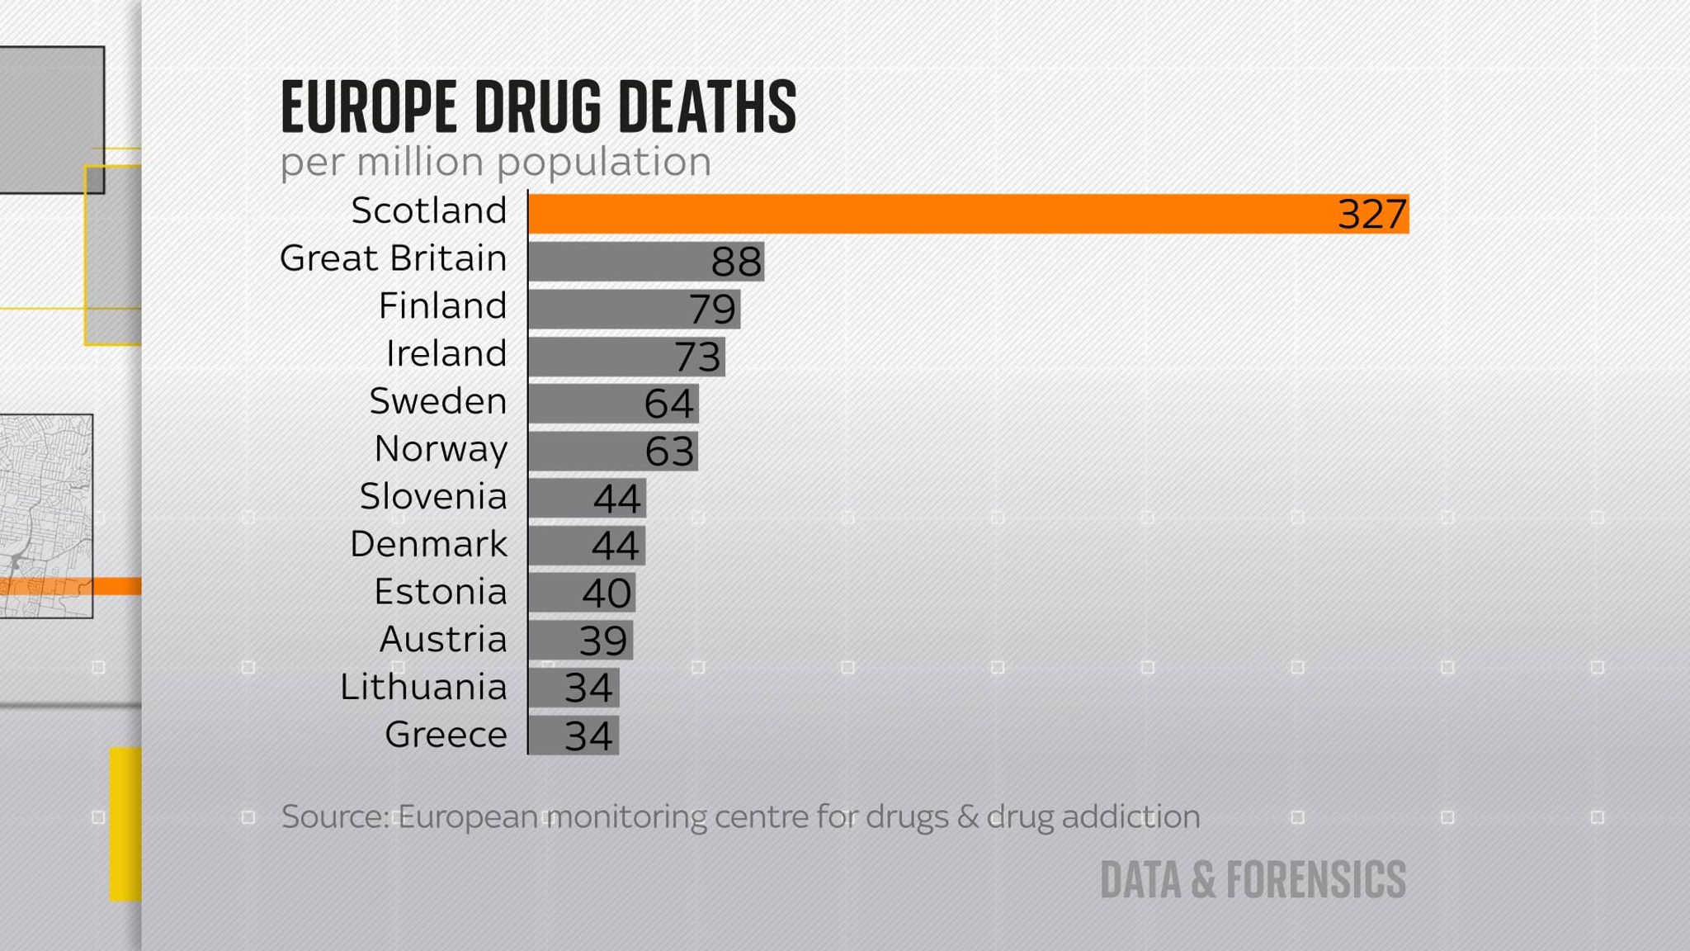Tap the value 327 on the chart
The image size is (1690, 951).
click(x=1371, y=215)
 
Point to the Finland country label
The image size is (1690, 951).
click(x=442, y=306)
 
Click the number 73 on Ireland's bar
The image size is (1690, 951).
click(x=697, y=357)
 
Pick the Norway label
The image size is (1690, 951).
click(x=441, y=449)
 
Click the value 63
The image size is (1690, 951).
click(x=669, y=452)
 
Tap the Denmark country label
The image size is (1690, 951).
click(x=428, y=545)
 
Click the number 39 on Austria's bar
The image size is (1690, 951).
click(x=603, y=641)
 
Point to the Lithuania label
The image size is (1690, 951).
click(x=423, y=688)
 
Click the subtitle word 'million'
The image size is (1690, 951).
click(x=419, y=162)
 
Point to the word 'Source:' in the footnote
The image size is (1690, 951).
click(x=334, y=817)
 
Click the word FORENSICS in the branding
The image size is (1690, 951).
click(x=1315, y=880)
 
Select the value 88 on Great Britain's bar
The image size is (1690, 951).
click(x=736, y=263)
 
